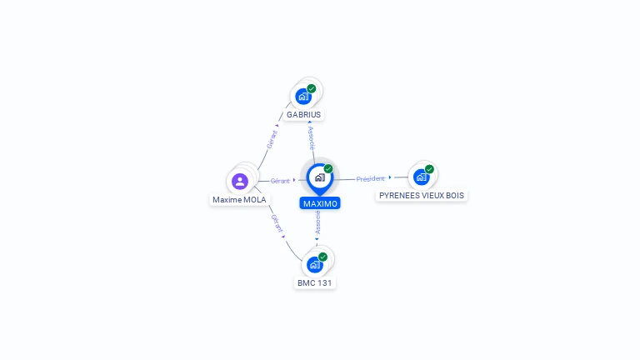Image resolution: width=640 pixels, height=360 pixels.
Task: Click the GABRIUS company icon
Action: point(303,97)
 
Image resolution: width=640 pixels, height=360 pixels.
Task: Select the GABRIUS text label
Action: point(303,115)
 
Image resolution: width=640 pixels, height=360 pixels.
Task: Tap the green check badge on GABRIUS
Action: point(312,88)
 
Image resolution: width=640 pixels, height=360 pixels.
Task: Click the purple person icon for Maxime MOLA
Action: point(240,181)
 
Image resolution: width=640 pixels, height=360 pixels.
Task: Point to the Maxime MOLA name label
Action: point(239,200)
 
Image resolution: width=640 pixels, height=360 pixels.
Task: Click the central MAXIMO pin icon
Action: point(319,177)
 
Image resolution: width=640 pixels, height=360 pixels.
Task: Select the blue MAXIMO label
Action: point(320,203)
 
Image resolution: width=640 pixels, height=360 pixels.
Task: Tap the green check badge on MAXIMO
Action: point(328,168)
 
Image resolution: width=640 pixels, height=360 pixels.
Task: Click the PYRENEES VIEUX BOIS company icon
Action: point(421,177)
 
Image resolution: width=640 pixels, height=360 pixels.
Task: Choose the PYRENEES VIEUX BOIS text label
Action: point(421,196)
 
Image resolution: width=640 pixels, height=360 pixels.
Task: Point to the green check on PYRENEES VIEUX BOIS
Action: point(429,169)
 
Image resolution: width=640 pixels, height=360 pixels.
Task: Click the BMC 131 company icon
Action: point(314,265)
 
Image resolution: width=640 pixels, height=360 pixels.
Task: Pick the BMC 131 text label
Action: point(315,283)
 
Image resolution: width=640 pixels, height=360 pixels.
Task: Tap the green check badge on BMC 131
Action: point(322,257)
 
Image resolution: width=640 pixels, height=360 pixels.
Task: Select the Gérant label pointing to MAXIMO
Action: point(280,180)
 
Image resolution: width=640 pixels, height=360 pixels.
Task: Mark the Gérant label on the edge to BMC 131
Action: point(277,222)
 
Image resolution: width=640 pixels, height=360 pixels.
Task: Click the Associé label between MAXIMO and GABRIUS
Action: point(312,137)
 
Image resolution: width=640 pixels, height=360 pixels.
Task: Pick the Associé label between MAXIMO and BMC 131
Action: point(317,222)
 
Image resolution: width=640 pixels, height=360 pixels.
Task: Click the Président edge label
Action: point(371,178)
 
